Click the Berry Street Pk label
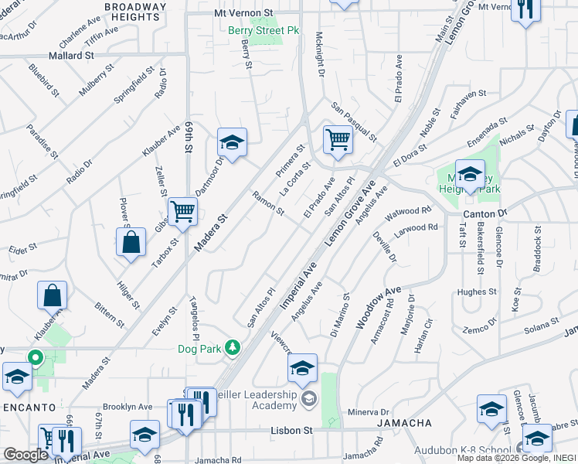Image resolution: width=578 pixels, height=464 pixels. tap(253, 30)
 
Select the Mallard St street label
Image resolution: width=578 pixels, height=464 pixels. tap(71, 56)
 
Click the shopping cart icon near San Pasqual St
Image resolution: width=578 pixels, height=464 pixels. tap(338, 140)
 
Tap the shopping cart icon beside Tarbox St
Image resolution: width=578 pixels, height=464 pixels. tap(183, 210)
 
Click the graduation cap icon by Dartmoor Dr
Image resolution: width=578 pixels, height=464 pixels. tap(231, 142)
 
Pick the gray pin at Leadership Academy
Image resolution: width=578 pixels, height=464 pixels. tap(309, 398)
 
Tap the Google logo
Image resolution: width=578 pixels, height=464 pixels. tap(25, 455)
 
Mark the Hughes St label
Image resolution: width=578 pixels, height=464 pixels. tap(476, 292)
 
